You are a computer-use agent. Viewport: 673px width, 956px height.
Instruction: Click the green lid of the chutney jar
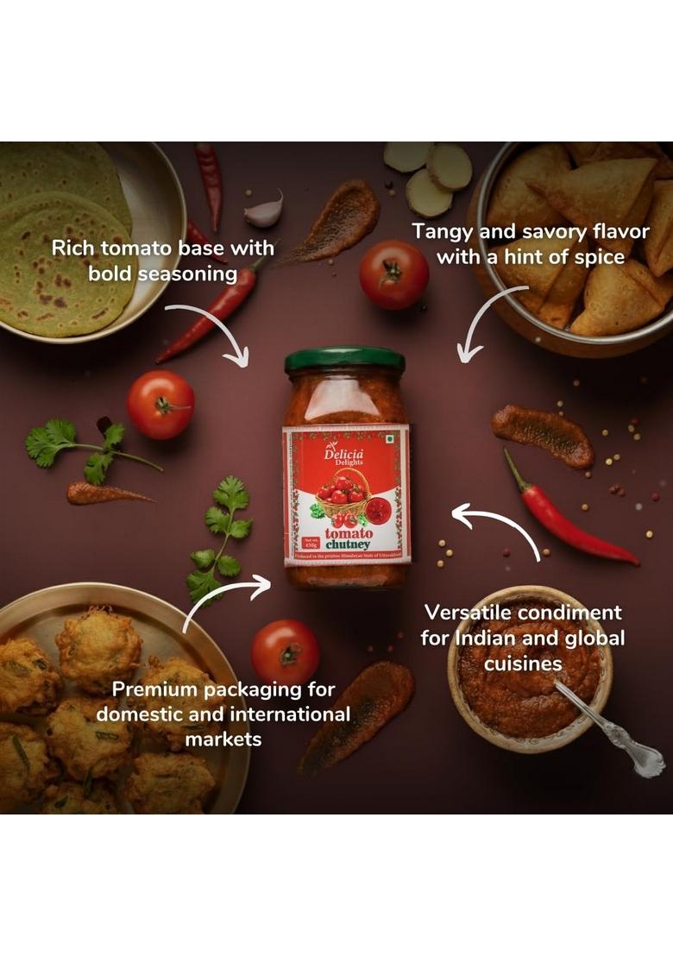point(344,360)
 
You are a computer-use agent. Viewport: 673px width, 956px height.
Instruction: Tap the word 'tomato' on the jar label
point(349,533)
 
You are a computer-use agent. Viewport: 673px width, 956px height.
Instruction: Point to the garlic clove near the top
point(265,209)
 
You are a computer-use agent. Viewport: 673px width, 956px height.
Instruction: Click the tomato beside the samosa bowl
point(393,274)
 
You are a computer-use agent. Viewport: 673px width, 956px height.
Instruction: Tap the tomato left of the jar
point(160,405)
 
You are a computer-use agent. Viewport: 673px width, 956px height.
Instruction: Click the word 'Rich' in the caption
point(72,248)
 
